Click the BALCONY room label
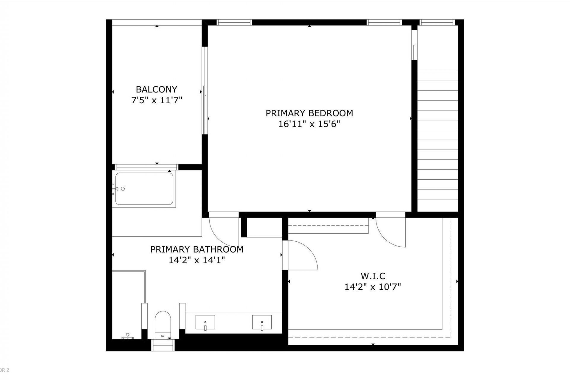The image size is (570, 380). tap(156, 89)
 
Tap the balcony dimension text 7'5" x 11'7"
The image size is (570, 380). tap(156, 100)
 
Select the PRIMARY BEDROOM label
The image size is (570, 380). tap(309, 113)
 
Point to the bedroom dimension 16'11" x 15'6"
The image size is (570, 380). tap(309, 124)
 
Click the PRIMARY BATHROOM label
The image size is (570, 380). tap(197, 249)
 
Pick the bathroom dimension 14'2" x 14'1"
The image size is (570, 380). tap(197, 260)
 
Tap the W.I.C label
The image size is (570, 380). tap(373, 276)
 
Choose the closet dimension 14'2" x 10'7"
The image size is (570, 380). tap(373, 287)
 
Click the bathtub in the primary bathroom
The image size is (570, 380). tap(144, 189)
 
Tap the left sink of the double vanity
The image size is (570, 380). tap(205, 322)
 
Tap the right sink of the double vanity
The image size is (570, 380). tap(262, 322)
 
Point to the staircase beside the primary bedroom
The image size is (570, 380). tap(438, 135)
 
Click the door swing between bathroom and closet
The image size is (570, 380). tap(301, 255)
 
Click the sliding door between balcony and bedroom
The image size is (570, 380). tap(205, 91)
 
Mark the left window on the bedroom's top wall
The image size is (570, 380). tap(234, 22)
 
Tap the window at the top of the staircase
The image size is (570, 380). tap(437, 22)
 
